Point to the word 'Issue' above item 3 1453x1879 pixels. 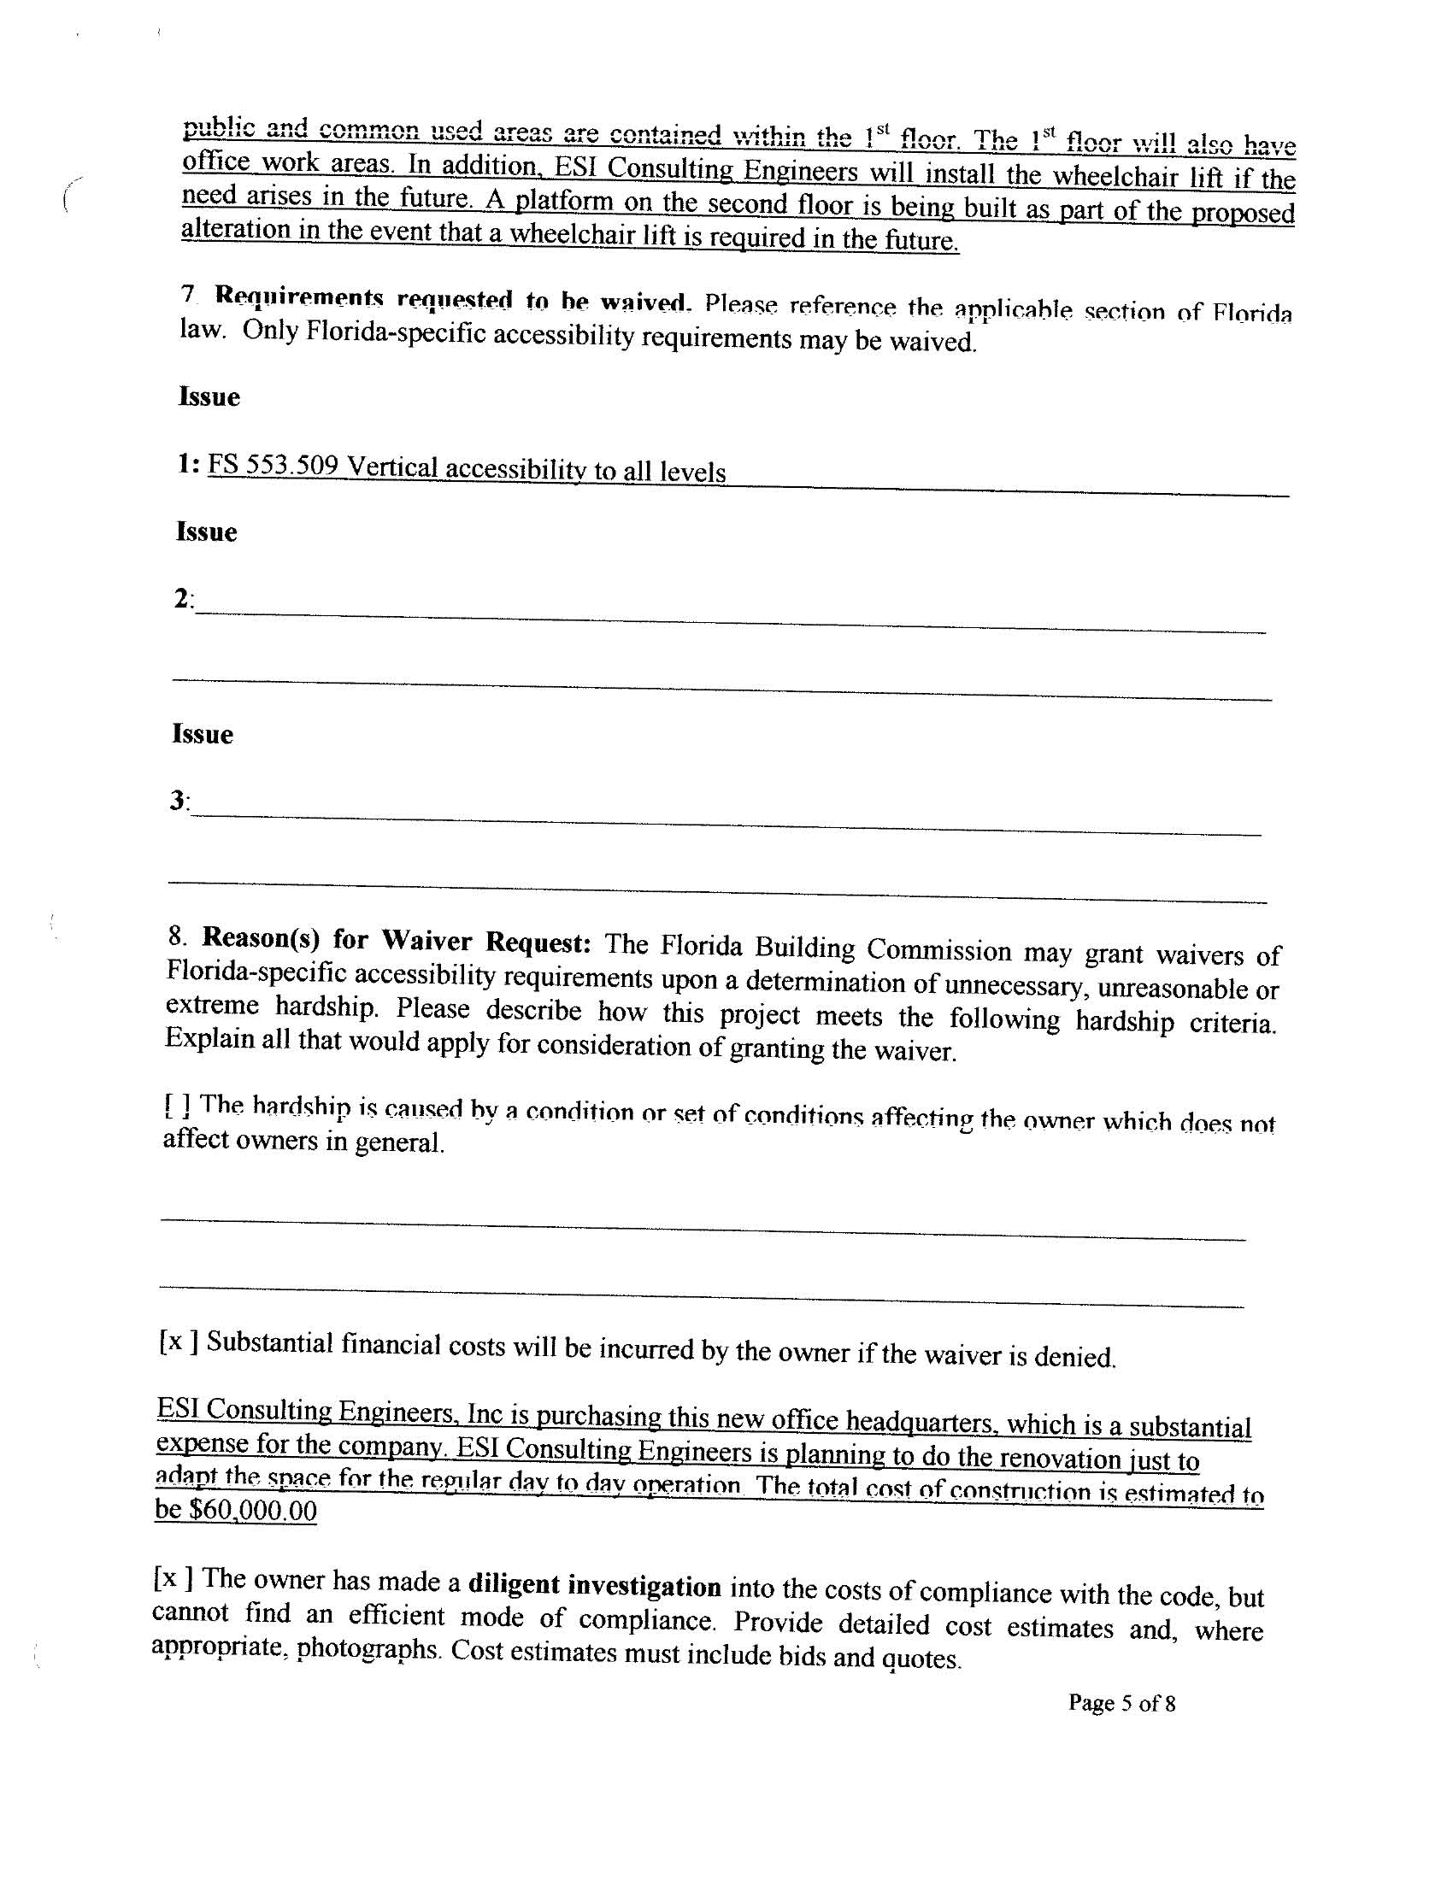[203, 734]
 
